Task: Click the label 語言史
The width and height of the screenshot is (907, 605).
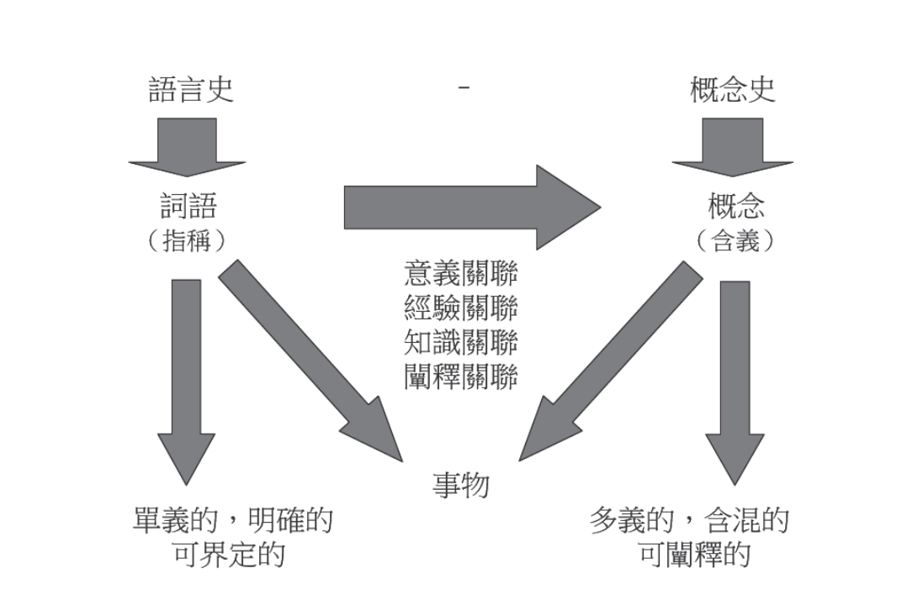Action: click(191, 88)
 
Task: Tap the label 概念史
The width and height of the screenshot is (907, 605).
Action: click(732, 88)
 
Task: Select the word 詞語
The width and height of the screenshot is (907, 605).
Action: click(187, 206)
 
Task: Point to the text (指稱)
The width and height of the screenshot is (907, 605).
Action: click(187, 240)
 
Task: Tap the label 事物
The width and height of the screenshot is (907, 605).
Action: click(460, 485)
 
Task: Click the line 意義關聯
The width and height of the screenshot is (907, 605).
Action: click(460, 275)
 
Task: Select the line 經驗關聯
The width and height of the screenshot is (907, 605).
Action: click(460, 308)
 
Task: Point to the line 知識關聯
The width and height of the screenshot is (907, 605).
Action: click(460, 342)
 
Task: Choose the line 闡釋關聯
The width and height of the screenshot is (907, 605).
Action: click(460, 375)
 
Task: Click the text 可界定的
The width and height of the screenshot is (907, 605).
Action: click(229, 555)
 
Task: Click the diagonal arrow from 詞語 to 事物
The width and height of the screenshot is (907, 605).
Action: click(311, 361)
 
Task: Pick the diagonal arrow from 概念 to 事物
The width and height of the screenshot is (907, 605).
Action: click(610, 361)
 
